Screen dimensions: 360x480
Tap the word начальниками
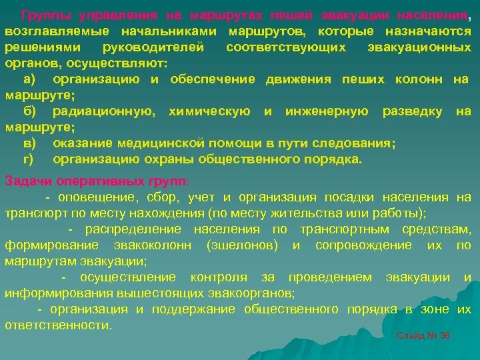[x=170, y=31]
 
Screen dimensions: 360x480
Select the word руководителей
[x=160, y=47]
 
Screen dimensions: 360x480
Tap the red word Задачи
[x=26, y=181]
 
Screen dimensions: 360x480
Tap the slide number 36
[x=445, y=335]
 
